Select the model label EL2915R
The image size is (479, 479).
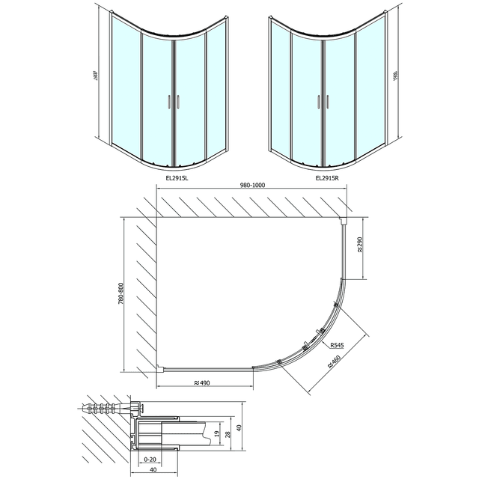click(x=326, y=178)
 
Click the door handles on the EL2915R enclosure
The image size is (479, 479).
click(x=322, y=101)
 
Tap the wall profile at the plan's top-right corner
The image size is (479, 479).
click(x=344, y=221)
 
